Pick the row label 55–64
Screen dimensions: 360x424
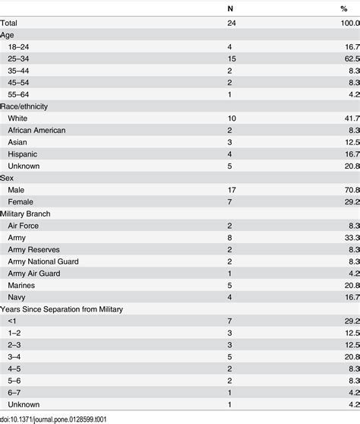20,95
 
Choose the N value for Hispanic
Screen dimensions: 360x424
231,154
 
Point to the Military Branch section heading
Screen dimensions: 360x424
30,214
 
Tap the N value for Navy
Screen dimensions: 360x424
231,297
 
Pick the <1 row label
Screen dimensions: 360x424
13,321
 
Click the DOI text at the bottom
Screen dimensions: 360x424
66,417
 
